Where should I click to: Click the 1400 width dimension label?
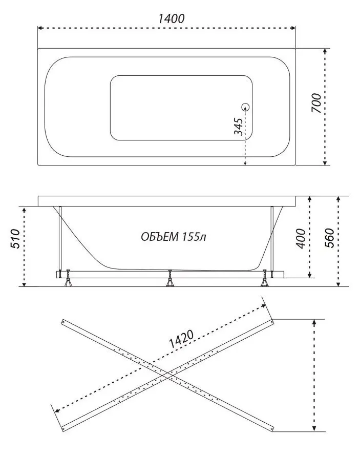(x=171, y=18)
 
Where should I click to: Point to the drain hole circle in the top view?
(x=245, y=107)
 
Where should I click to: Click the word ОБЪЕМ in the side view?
(x=159, y=237)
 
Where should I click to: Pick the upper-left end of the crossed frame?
(x=63, y=321)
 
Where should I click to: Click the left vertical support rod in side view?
(x=60, y=238)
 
